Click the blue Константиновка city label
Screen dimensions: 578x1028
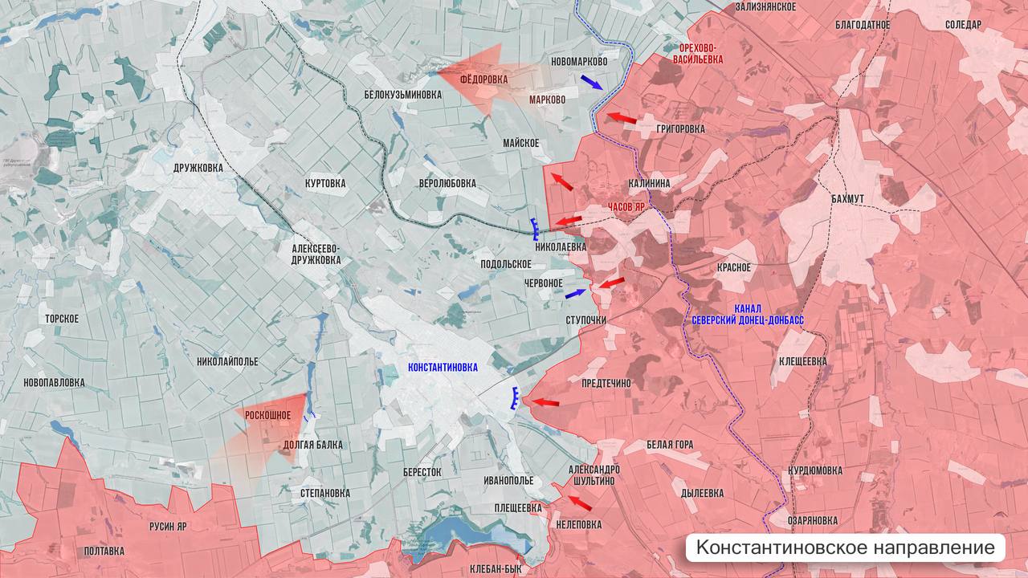(443, 367)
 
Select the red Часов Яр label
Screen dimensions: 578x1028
(626, 206)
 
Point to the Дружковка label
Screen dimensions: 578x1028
(198, 168)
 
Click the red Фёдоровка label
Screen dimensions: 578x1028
(484, 79)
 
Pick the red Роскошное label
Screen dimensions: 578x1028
(267, 414)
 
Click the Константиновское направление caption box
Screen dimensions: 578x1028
(845, 548)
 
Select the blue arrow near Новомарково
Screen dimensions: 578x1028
(592, 82)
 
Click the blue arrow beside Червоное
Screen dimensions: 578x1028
(576, 295)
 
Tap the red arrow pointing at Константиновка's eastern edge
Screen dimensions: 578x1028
(545, 401)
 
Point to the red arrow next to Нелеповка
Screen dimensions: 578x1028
(579, 503)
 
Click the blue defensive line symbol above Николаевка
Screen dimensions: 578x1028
(534, 229)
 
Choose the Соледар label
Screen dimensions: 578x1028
(963, 25)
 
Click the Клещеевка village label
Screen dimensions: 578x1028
(802, 361)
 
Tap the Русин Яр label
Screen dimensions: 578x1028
(168, 527)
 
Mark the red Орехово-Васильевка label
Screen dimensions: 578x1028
(695, 53)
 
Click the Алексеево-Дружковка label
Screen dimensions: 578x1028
(316, 254)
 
